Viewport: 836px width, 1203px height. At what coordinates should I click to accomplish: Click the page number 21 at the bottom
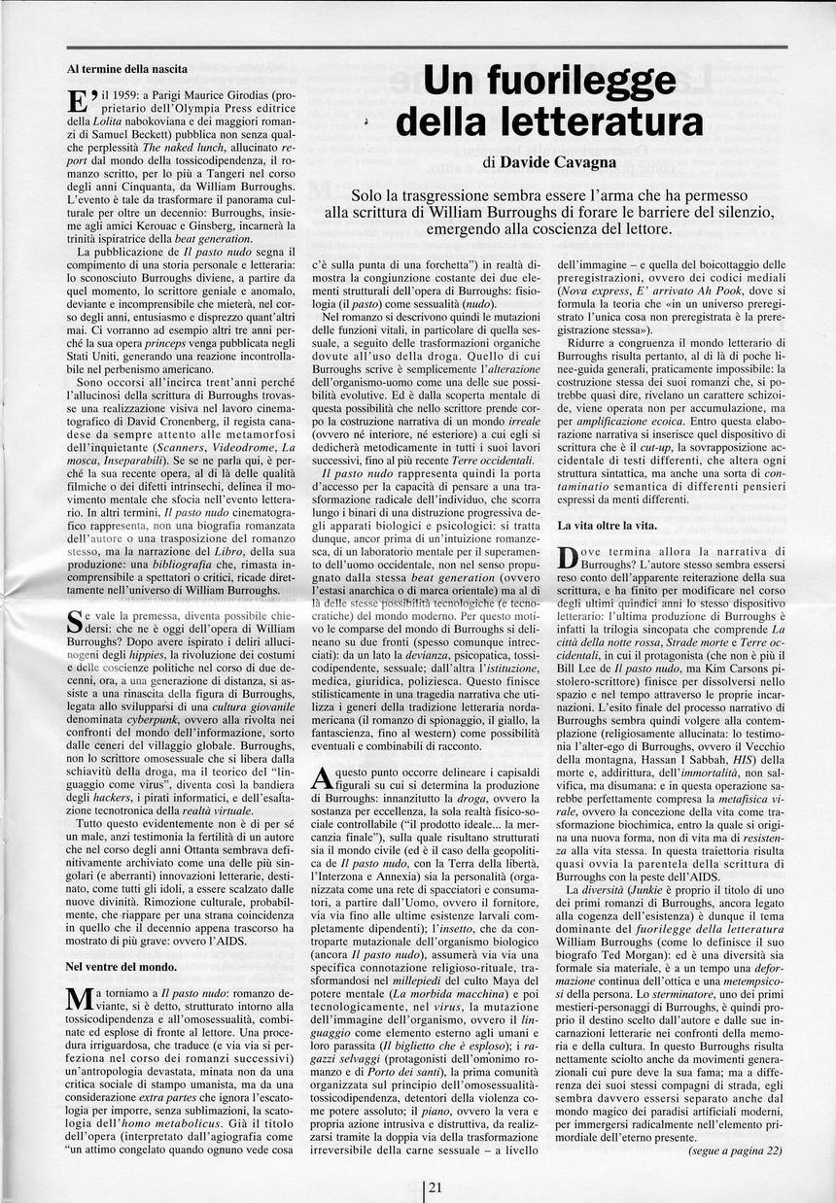(x=435, y=1186)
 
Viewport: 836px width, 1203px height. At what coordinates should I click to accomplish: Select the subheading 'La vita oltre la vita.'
(x=608, y=525)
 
